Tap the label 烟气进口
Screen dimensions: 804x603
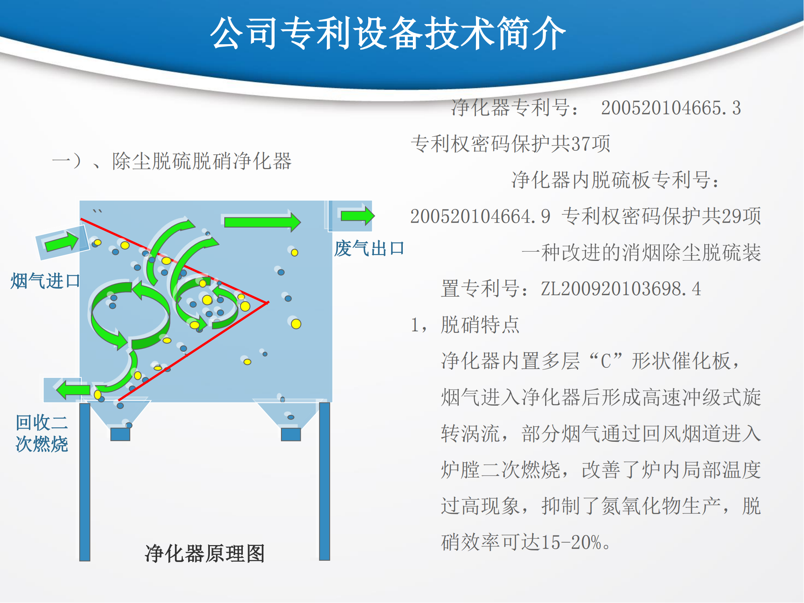[x=45, y=281]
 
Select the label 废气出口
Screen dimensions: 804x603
[x=369, y=248]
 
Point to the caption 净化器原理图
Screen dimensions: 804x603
[x=205, y=554]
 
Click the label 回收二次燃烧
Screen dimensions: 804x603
[x=42, y=433]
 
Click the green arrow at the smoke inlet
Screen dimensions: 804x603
[x=62, y=242]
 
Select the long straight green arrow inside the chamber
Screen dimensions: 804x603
[x=263, y=222]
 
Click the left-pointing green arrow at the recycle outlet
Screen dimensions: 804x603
[x=73, y=390]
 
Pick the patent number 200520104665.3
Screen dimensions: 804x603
[x=671, y=108]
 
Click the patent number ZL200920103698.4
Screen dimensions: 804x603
[x=621, y=289]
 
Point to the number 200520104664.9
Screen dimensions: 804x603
[x=480, y=216]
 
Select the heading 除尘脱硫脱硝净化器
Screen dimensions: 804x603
[x=202, y=161]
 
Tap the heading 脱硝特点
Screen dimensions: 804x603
[x=480, y=325]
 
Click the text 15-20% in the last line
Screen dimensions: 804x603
[x=571, y=542]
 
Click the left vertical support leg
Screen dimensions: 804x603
[x=84, y=482]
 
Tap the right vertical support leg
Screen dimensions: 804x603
[x=324, y=481]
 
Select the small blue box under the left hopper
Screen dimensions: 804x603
[x=120, y=435]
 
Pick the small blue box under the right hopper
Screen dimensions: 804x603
[x=291, y=435]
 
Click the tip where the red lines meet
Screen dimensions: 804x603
[x=268, y=302]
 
